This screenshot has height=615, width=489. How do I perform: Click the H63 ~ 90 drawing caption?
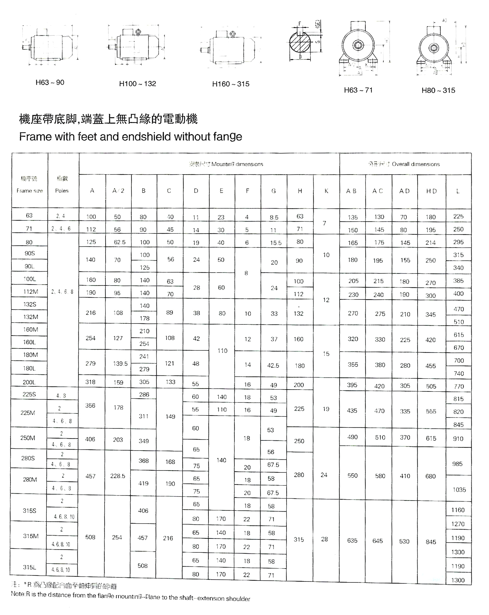(50, 83)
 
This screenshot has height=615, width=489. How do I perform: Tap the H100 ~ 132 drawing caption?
(137, 84)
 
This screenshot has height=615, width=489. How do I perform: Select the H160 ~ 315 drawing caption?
(231, 84)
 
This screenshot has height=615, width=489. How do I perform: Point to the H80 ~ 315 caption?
(438, 90)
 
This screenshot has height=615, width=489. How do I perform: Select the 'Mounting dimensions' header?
(237, 164)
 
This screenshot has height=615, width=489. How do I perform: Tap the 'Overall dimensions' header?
(415, 164)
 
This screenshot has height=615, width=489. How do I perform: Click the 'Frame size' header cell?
(29, 191)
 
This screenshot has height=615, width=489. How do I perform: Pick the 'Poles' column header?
(62, 191)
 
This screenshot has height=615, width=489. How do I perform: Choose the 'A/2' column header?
(118, 191)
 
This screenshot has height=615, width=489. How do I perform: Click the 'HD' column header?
(431, 191)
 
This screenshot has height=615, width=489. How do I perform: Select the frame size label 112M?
(30, 292)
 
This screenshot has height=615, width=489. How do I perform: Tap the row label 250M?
(28, 438)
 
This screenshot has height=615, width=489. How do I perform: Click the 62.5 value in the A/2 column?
(119, 242)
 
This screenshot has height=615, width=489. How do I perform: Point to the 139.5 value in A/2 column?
(120, 364)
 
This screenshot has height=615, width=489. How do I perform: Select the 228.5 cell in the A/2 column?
(118, 476)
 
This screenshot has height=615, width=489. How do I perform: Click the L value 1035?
(459, 490)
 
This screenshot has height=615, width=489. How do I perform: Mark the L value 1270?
(458, 524)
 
